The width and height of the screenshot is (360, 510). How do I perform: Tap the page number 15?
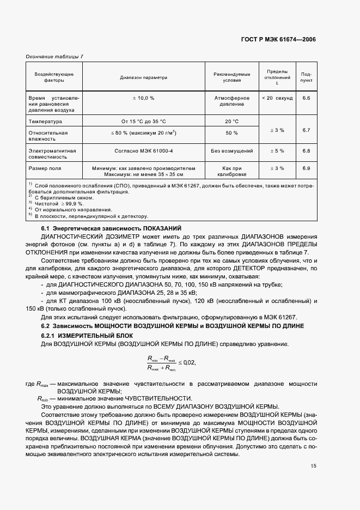coord(312,465)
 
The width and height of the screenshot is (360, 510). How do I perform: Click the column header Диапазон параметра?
coord(144,77)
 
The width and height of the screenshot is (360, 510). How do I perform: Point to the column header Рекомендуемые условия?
coord(231,77)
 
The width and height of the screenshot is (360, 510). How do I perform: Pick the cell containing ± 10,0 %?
coord(144,98)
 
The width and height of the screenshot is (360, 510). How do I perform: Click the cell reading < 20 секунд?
coord(277,98)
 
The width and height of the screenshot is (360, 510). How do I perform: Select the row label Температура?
coord(46,122)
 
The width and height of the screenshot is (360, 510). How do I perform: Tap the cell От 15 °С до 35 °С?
coord(144,122)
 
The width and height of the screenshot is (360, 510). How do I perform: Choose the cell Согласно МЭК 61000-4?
coord(144,151)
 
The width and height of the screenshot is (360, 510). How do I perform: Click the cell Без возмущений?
coord(231,151)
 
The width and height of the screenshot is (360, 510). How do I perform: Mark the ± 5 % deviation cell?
coord(277,151)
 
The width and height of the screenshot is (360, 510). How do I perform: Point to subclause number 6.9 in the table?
coord(306,168)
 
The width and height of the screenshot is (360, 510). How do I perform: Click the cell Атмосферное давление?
coord(231,101)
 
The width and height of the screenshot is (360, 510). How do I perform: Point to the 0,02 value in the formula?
coord(188,362)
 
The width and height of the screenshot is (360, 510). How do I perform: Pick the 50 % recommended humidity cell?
coord(231,133)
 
